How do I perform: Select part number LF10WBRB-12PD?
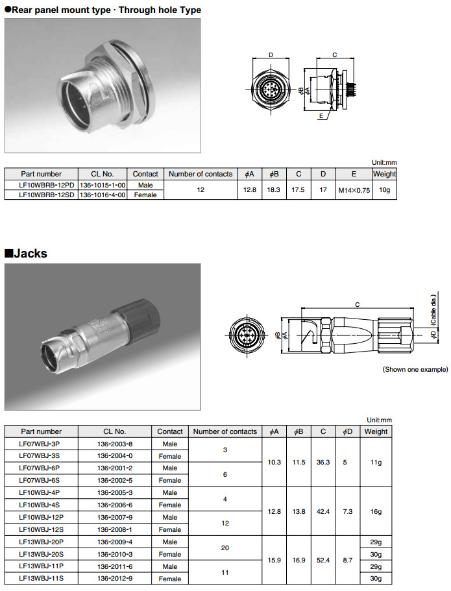41,185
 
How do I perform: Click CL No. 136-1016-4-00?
103,195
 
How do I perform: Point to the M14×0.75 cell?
354,190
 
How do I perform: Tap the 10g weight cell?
384,190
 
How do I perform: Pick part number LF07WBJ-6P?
40,468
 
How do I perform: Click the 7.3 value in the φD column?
348,511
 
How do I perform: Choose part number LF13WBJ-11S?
41,579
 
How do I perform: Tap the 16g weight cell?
376,511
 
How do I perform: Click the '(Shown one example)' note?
415,370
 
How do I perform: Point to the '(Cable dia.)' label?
433,310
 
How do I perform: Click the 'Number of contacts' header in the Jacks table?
225,431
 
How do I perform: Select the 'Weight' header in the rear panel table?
384,174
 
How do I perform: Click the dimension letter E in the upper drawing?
321,117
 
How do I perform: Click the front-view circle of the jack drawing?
248,335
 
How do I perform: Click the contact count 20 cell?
225,548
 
